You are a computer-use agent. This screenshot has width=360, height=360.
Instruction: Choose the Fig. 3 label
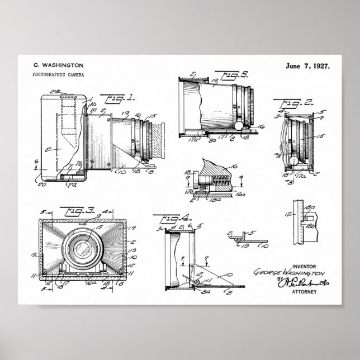[70, 212]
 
